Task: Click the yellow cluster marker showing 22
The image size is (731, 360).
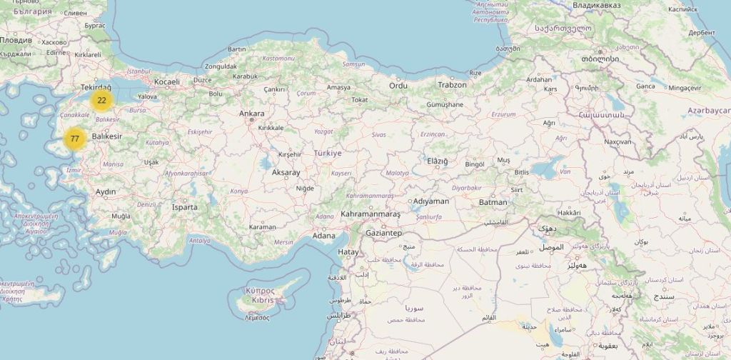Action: [102, 100]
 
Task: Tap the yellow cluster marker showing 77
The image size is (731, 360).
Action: [74, 139]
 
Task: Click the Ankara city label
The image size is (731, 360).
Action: [251, 114]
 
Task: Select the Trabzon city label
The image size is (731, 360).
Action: [452, 85]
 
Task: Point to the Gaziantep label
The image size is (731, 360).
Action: [383, 234]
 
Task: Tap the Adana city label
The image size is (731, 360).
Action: [323, 236]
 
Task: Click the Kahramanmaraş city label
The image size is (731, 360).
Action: [370, 214]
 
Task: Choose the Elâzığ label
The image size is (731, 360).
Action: [437, 161]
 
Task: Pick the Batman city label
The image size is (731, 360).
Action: [493, 202]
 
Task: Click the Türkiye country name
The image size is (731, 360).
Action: [328, 153]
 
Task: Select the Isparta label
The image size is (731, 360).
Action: [185, 207]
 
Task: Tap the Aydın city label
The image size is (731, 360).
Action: [106, 191]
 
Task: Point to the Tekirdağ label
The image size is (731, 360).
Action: [96, 86]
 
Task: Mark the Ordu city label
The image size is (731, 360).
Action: [398, 86]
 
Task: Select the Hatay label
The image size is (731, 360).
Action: [348, 252]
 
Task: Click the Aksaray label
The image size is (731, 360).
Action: [286, 173]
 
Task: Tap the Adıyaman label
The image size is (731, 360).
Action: [431, 201]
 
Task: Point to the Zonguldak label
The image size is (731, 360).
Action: [221, 66]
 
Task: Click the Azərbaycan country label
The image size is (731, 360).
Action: [709, 111]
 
